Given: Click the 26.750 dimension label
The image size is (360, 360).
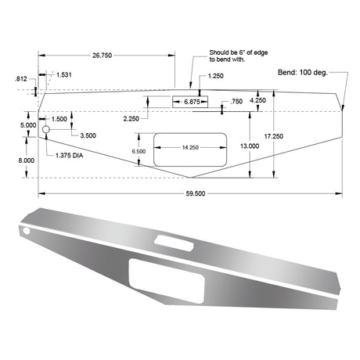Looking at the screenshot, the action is pos(103,56).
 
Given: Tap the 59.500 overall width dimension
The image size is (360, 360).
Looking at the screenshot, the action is pos(196,193).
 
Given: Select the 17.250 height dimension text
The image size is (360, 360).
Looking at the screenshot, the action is pos(274,136).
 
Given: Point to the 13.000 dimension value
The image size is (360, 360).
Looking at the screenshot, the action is pos(250,146).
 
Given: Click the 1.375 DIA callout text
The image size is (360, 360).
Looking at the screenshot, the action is pos(70,156).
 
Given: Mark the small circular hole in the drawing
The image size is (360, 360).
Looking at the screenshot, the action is pos(46,129).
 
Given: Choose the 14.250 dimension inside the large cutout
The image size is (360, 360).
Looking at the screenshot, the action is pos(190,148).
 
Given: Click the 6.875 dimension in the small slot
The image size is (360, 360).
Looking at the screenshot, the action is pos(192,102).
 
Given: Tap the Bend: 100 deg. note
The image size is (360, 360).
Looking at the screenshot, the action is pos(303,72).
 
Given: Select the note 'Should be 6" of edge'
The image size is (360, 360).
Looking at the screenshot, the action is pos(239,52).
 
